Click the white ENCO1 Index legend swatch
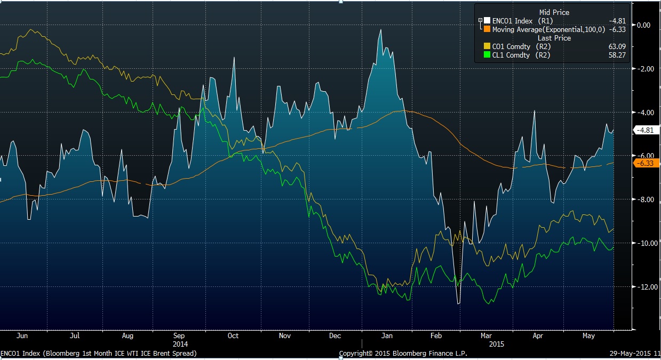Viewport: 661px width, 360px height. coord(487,21)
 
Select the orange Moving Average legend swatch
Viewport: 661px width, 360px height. coord(487,29)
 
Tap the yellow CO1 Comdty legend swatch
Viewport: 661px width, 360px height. coord(487,46)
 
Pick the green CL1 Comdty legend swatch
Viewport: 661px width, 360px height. coord(487,55)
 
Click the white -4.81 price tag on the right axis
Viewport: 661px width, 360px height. coord(646,130)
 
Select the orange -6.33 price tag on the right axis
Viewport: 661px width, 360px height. coord(646,163)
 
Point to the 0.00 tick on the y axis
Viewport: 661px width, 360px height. coord(644,25)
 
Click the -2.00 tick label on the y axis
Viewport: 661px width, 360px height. coord(644,69)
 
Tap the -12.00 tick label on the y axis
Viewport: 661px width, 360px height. coord(644,287)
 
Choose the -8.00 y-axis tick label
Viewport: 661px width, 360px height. coord(644,199)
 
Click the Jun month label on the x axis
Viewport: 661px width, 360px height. coord(22,336)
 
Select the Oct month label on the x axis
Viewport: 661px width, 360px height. coord(233,336)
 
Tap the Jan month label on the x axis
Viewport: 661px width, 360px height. coord(387,336)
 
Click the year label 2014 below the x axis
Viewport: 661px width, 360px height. coord(180,344)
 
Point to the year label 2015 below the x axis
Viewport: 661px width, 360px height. coord(497,344)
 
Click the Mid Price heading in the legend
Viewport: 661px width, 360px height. coord(554,12)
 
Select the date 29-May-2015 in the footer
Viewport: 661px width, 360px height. coord(633,354)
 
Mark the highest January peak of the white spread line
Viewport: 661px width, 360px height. coord(380,30)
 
